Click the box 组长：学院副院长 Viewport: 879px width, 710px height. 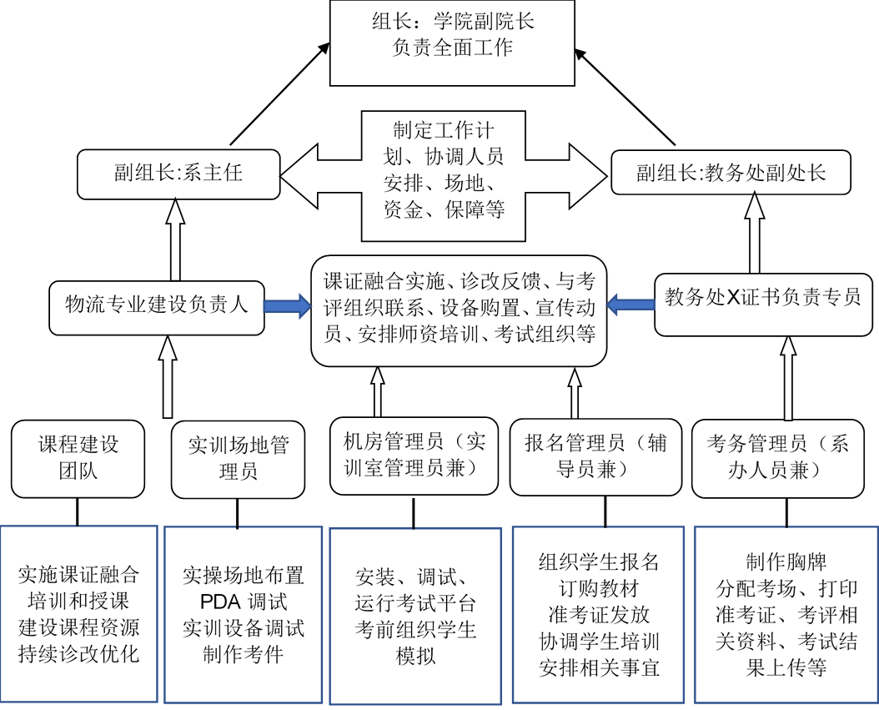(x=452, y=42)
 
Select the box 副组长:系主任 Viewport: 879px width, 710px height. (x=178, y=174)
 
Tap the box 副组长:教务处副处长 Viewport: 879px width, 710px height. (x=731, y=173)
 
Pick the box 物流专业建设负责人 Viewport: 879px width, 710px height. (x=157, y=305)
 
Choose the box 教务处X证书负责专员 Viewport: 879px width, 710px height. (x=763, y=298)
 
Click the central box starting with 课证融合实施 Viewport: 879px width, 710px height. (x=459, y=310)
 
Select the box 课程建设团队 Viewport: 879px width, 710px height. (x=78, y=459)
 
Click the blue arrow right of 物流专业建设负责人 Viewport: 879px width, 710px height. (x=287, y=306)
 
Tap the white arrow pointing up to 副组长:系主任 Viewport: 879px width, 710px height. (x=175, y=240)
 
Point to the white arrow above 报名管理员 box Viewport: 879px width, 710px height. (x=574, y=394)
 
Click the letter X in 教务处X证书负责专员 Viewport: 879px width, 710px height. (x=734, y=298)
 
